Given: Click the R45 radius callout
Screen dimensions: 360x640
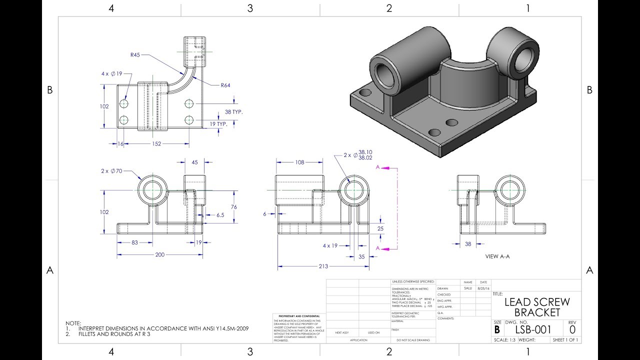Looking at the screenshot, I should point(135,55).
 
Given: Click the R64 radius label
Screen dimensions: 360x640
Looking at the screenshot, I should point(225,85).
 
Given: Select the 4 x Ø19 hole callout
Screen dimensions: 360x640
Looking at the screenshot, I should point(112,73).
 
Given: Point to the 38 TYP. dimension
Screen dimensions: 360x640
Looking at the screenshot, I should point(233,112).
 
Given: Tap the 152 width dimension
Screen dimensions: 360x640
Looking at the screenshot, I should point(156,144).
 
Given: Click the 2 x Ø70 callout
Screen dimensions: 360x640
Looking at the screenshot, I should point(111,171).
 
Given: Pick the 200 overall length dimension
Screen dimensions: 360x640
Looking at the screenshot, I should point(159,254).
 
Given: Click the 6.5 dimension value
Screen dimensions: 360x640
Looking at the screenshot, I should point(220,215).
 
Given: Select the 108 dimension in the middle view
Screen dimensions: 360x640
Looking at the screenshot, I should point(300,162).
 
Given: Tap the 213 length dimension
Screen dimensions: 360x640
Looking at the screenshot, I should point(323,266).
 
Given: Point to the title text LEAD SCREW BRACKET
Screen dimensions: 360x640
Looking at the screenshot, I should point(537,307).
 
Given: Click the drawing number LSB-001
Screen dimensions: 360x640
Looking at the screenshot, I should point(533,329).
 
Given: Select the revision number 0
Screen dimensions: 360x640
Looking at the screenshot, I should point(572,329).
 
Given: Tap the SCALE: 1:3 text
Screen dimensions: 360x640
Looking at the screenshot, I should point(504,340).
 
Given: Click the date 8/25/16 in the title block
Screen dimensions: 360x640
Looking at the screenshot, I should point(483,288).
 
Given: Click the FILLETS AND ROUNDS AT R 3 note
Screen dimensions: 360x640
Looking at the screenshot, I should point(114,334).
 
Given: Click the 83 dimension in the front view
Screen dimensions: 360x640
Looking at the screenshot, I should point(135,242).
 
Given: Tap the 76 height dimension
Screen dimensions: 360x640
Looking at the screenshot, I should point(233,207).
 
